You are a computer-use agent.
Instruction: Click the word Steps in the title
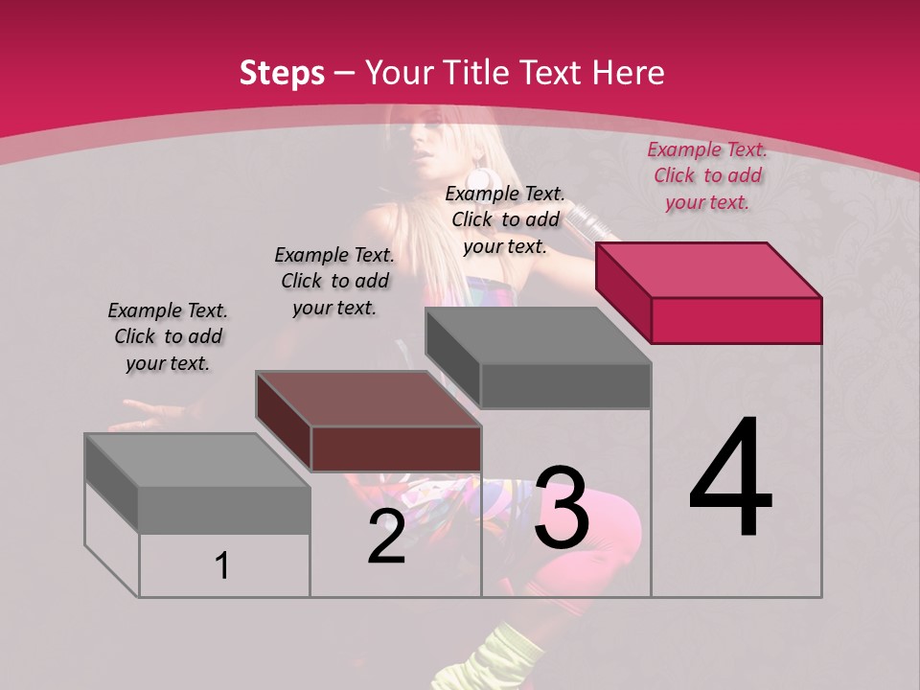(282, 73)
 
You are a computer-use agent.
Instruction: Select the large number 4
(730, 479)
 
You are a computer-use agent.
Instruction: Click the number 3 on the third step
(562, 509)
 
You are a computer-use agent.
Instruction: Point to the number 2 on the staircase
(386, 537)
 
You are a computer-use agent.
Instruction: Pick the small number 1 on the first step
(221, 566)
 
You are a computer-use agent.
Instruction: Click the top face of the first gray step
(197, 461)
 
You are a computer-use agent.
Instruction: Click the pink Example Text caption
(707, 175)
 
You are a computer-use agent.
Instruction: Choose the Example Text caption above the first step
(168, 336)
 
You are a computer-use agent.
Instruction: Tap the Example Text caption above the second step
(334, 281)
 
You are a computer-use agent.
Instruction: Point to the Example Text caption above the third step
(505, 219)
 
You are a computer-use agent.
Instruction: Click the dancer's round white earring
(479, 180)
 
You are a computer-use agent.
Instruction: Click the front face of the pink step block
(736, 320)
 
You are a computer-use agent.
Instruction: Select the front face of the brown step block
(396, 448)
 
